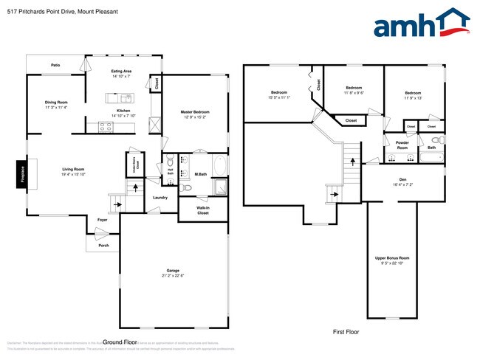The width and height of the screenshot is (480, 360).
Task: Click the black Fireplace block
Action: [22, 175]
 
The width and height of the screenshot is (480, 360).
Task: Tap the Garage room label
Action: [173, 271]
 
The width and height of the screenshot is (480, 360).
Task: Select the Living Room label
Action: [73, 170]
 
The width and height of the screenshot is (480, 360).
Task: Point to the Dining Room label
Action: [56, 102]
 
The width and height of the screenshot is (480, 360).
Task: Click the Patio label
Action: [55, 66]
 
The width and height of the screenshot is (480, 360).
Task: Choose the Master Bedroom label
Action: [196, 112]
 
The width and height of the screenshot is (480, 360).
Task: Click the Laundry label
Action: [160, 197]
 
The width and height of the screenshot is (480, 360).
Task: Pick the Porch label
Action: [103, 246]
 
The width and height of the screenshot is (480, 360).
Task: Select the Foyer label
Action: [102, 220]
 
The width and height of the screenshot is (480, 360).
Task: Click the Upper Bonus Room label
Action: [392, 257]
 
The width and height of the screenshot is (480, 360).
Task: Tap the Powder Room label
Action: [402, 144]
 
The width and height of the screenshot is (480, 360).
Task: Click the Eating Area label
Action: [122, 70]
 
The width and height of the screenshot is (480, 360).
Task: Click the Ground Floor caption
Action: [120, 342]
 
